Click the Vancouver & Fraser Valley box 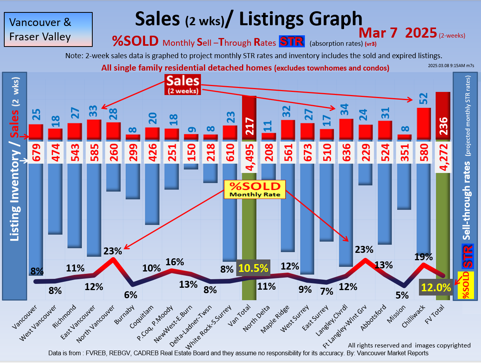[48, 29]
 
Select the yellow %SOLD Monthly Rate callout [255, 189]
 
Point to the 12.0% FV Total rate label [436, 288]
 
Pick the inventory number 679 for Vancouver [36, 152]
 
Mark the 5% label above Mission [402, 295]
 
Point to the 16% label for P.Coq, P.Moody [175, 262]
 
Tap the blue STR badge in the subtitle [292, 41]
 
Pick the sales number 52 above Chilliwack [424, 99]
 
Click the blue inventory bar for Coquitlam [152, 194]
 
